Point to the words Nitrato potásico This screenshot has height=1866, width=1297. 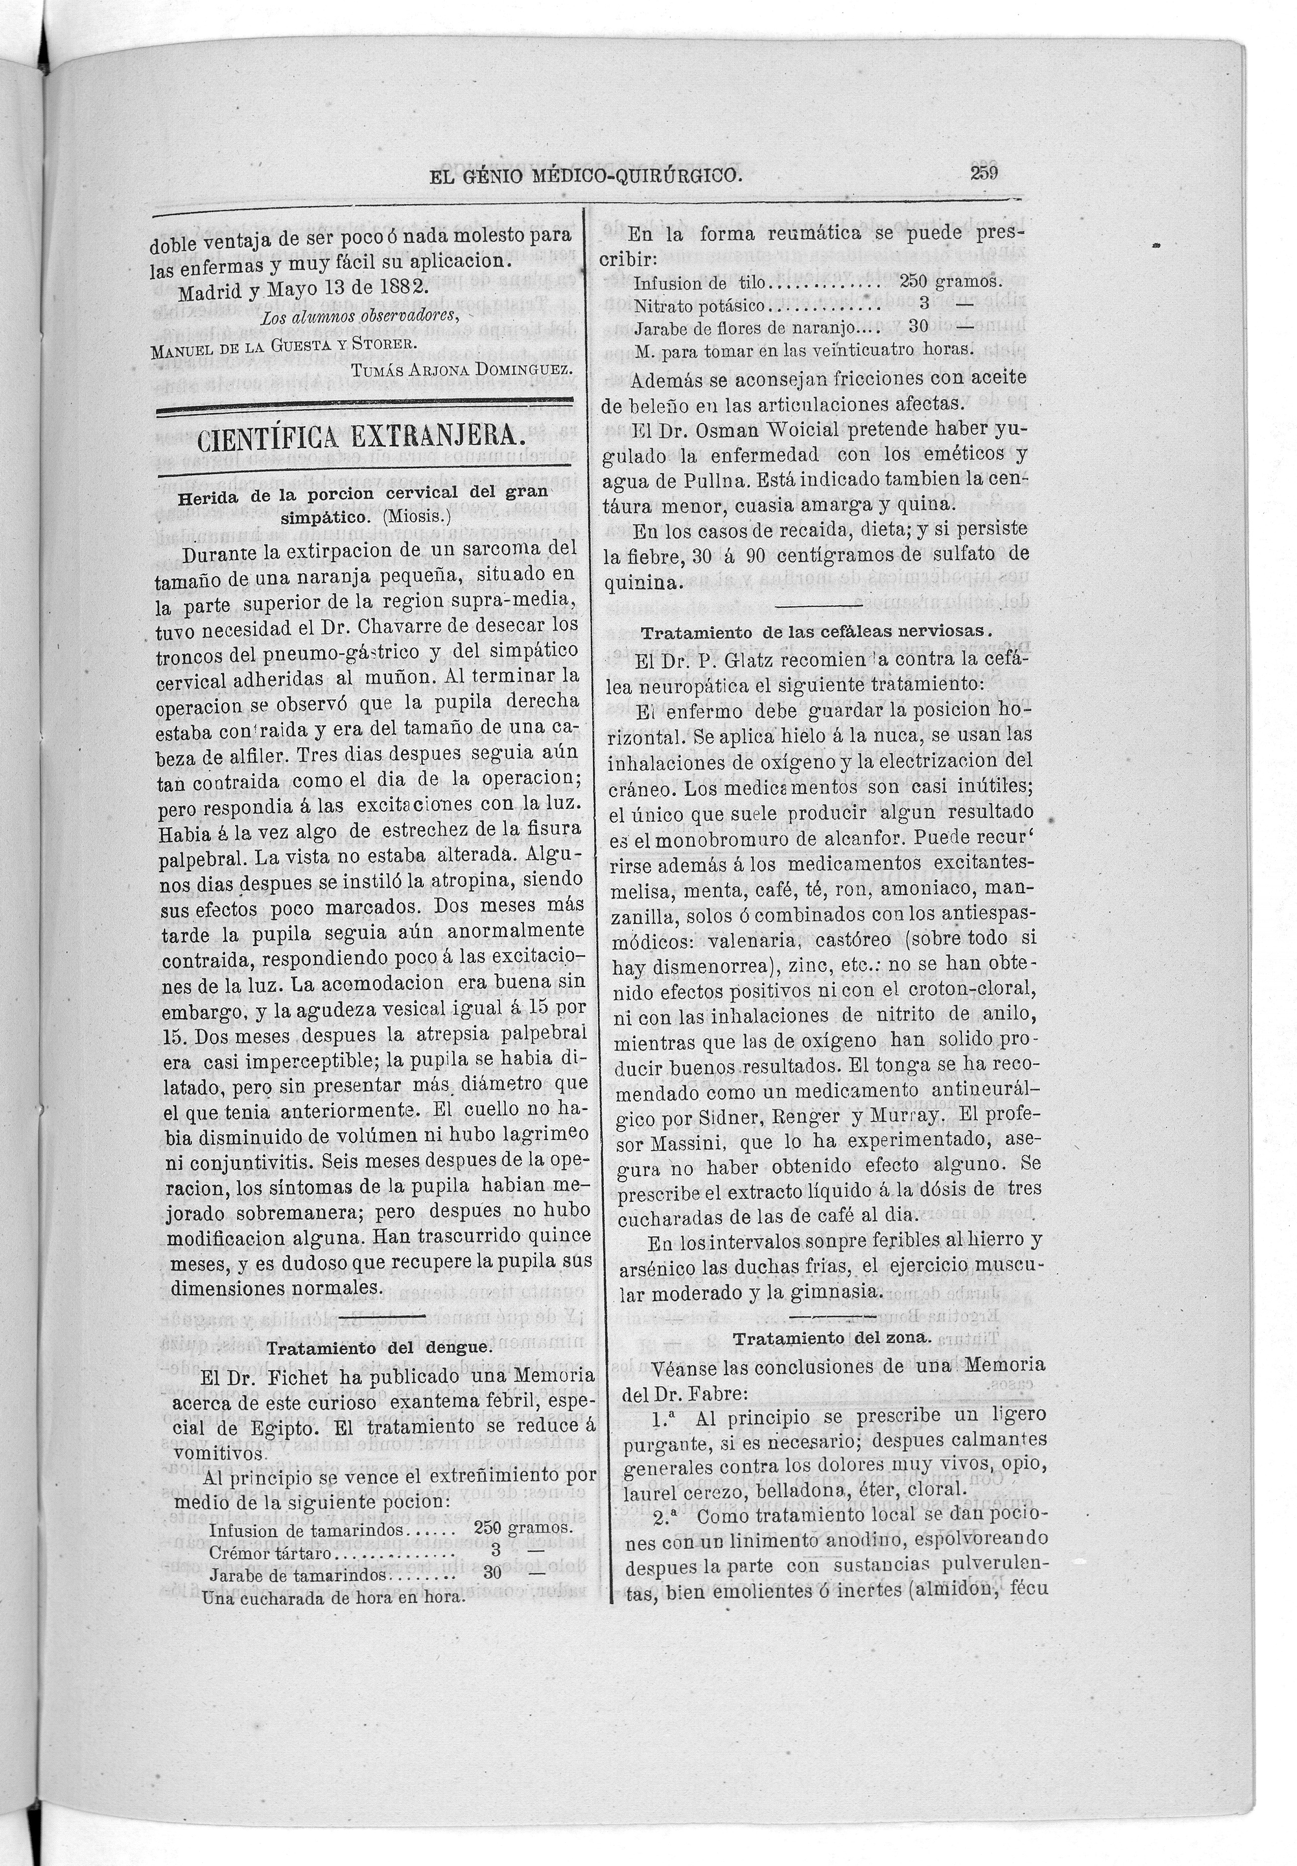[699, 305]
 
